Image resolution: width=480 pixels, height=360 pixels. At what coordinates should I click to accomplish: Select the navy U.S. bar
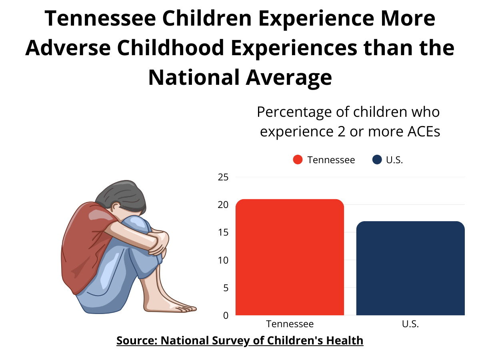tap(410, 268)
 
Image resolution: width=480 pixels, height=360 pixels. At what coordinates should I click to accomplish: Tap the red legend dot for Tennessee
tap(298, 160)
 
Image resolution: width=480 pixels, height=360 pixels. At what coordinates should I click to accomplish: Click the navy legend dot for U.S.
tap(377, 160)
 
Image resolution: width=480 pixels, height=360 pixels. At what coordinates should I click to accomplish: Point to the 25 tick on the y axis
tap(223, 177)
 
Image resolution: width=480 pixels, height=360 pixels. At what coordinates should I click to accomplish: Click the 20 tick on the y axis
tap(223, 205)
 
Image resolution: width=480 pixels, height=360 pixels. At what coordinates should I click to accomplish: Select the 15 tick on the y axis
tap(223, 232)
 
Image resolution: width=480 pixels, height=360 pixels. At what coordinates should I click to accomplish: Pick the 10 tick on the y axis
tap(223, 260)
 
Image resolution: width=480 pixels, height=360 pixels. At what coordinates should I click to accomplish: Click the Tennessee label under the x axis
tap(290, 324)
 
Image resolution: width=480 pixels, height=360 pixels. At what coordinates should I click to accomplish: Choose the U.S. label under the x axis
tap(410, 324)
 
